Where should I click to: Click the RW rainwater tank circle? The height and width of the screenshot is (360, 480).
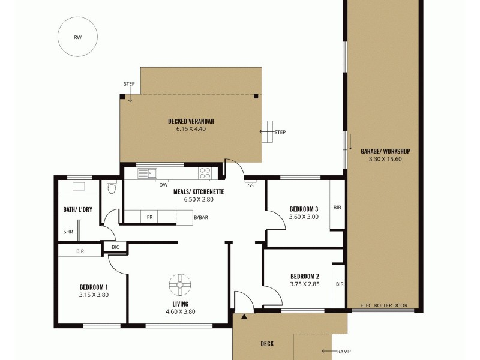click(x=77, y=37)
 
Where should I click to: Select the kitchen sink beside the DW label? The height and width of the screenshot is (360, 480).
click(x=148, y=173)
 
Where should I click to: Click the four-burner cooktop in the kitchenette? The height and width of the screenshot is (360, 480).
click(x=205, y=173)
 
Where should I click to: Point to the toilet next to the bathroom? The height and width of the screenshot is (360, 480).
click(x=111, y=188)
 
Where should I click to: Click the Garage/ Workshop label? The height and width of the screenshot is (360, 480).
click(x=385, y=151)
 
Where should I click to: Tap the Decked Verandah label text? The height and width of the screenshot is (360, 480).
click(x=191, y=121)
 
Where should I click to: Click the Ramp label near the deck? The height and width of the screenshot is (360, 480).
click(x=344, y=352)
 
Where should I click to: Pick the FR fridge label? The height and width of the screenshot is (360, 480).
click(x=149, y=217)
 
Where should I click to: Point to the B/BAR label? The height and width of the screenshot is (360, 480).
click(x=201, y=217)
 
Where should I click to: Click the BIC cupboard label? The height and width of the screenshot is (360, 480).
click(x=115, y=246)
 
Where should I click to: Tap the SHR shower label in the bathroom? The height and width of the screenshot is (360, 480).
click(x=68, y=232)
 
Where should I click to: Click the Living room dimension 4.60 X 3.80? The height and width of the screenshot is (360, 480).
click(x=181, y=311)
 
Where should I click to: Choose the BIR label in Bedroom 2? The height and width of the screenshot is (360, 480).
click(x=340, y=284)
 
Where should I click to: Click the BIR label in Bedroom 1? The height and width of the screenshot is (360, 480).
click(x=80, y=251)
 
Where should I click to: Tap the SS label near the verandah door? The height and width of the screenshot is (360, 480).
click(x=251, y=185)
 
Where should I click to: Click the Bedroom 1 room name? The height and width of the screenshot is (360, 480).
click(x=93, y=287)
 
